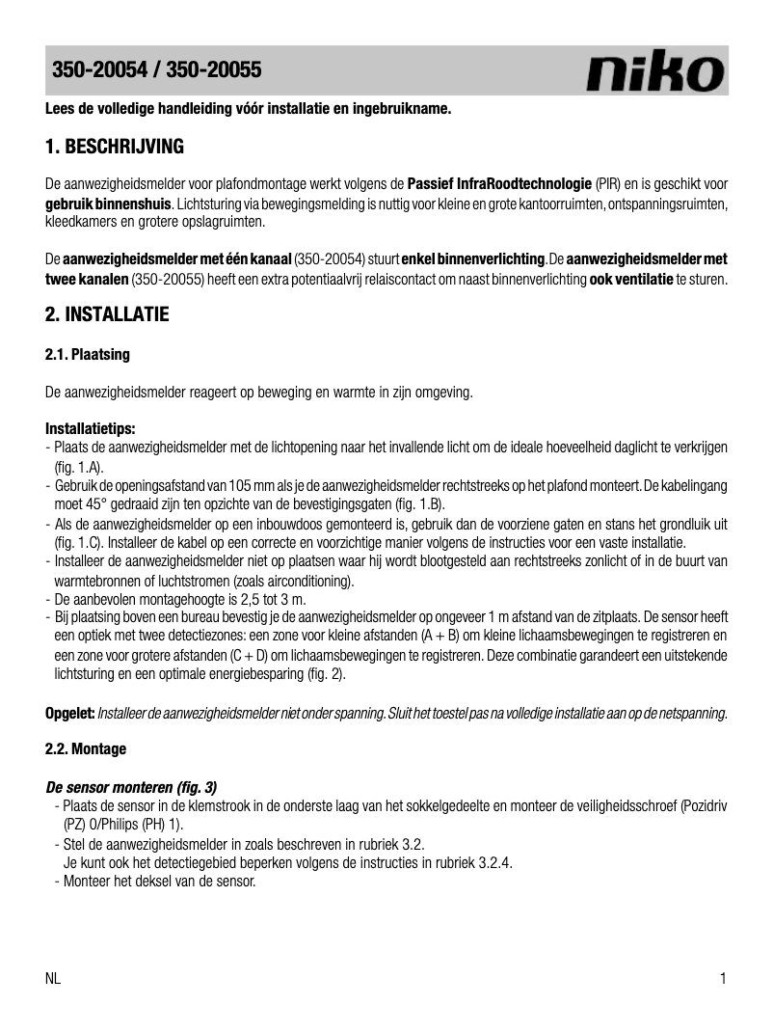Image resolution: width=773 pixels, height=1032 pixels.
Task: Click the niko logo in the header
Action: click(x=655, y=72)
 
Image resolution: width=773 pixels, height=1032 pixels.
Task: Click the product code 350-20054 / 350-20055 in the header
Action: click(x=156, y=70)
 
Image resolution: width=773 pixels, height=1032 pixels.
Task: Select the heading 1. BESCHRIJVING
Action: click(x=115, y=148)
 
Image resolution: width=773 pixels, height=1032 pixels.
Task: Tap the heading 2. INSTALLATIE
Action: click(x=107, y=314)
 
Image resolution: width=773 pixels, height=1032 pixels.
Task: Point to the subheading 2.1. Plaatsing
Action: click(x=88, y=355)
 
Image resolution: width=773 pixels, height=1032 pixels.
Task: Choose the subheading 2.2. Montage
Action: click(x=86, y=748)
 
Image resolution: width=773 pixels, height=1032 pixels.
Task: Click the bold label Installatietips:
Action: click(x=91, y=427)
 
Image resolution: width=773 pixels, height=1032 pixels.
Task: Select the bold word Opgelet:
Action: click(x=69, y=713)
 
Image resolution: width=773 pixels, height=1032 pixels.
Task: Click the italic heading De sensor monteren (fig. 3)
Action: click(x=131, y=786)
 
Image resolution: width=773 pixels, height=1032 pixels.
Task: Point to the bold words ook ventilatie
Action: click(x=631, y=280)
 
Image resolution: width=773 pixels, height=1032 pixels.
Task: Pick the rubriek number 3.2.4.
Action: click(x=494, y=863)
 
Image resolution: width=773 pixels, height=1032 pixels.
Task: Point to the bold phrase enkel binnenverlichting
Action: click(x=473, y=259)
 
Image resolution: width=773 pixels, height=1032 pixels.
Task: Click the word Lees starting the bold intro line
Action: click(x=62, y=109)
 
